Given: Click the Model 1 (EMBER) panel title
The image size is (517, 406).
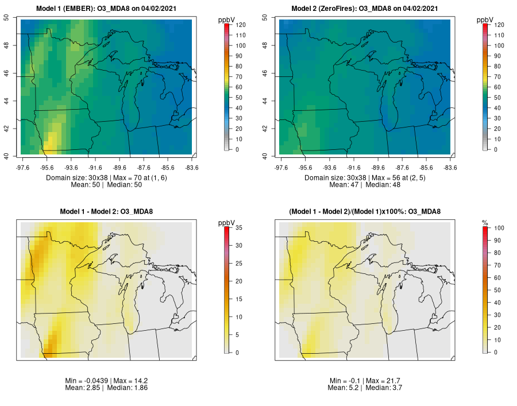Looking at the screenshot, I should (x=106, y=9).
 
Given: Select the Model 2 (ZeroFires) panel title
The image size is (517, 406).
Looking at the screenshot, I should (x=365, y=9).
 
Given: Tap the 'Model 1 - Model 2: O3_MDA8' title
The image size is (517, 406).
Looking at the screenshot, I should (x=106, y=212).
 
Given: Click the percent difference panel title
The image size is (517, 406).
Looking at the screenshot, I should (x=365, y=212).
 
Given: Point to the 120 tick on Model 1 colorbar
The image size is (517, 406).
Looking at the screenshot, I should (x=240, y=25).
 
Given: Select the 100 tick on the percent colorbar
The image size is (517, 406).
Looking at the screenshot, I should (x=499, y=228).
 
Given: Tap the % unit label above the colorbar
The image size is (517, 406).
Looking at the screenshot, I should (x=485, y=222).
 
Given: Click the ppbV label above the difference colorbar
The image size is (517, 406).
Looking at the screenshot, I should (x=227, y=222).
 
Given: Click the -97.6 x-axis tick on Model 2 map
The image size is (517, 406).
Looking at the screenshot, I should (x=281, y=168).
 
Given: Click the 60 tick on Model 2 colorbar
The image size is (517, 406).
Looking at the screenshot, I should (x=499, y=87).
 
